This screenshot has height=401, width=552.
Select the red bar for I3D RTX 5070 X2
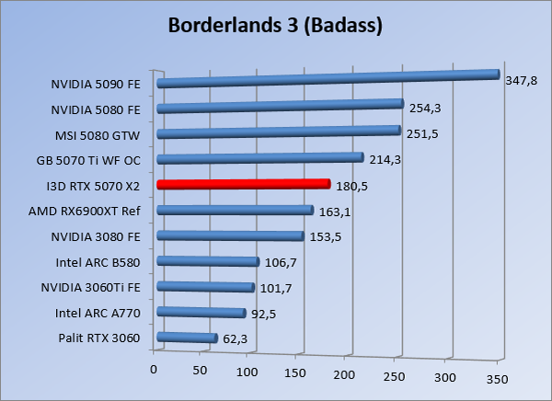[244, 184]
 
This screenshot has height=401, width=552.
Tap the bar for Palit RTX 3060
[188, 338]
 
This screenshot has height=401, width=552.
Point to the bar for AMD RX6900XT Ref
[236, 211]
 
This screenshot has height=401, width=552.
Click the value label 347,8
[522, 81]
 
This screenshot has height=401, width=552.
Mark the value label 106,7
[282, 263]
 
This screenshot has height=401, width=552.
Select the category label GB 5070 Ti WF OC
[95, 159]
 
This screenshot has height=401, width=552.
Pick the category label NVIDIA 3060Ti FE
[92, 287]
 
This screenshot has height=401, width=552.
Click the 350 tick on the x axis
[496, 379]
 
